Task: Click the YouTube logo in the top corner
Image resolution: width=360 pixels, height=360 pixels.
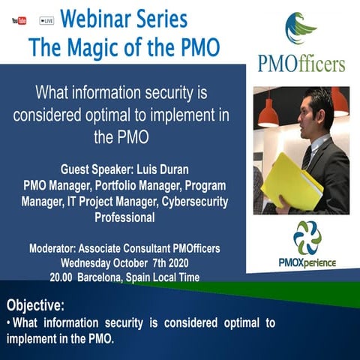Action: [19, 20]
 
